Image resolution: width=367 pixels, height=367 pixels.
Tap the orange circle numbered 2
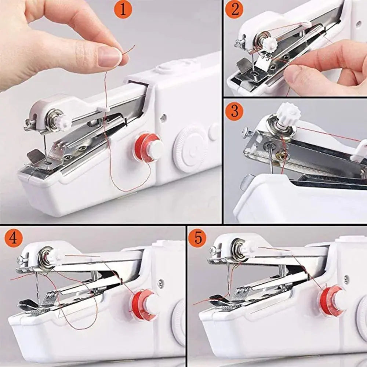coord(235,10)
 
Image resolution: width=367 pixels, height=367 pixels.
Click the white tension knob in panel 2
coord(269,44)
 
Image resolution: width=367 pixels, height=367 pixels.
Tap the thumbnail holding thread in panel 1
coord(110,57)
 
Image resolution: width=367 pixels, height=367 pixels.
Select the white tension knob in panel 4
coord(57,255)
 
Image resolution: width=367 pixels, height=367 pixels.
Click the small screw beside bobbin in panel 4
coord(160,283)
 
